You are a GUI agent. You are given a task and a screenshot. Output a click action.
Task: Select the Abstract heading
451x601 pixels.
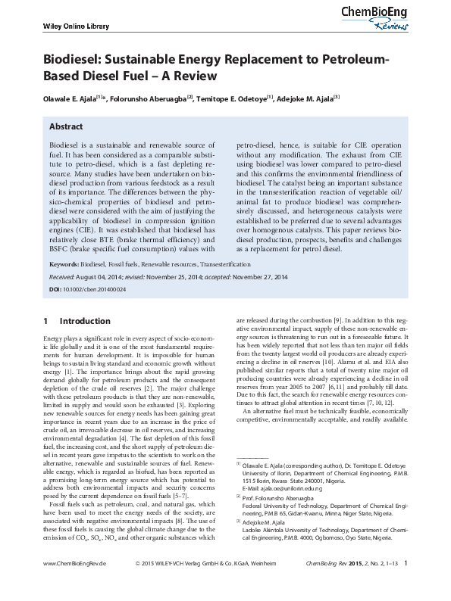coord(66,127)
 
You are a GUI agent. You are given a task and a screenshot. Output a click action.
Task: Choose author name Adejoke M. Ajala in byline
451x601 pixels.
coord(308,98)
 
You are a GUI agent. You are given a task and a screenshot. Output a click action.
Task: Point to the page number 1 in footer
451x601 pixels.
coord(407,584)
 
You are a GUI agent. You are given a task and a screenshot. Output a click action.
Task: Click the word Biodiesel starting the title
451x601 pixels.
coord(74,61)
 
